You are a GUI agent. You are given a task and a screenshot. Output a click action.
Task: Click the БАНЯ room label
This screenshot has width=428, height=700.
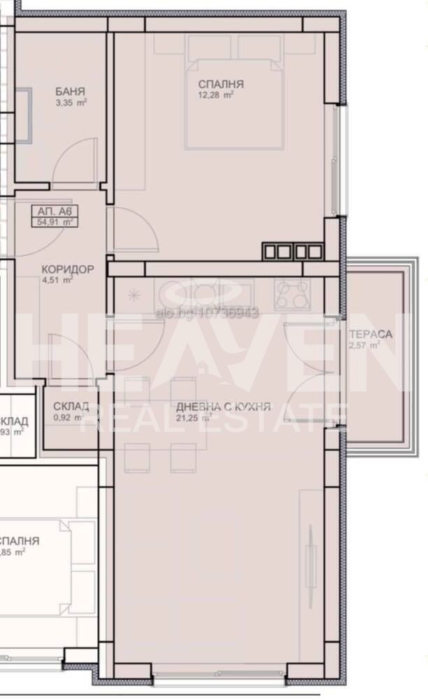coord(71,91)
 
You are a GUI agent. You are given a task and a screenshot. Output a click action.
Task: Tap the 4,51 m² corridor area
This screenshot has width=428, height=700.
coord(57,281)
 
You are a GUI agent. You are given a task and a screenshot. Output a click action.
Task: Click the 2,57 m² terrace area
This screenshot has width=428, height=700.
coord(364,345)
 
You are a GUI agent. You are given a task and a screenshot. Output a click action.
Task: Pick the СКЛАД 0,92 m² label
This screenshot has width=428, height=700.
coord(71,407)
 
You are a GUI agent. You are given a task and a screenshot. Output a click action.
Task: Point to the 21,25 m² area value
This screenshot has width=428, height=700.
coord(195,418)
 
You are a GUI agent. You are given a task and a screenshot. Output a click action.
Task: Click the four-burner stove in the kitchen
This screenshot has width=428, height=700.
coord(293,294)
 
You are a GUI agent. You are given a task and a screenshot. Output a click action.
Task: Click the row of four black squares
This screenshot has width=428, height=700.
coord(292,251)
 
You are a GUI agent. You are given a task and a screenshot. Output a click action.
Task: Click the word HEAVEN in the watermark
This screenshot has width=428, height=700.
coord(210,353)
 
